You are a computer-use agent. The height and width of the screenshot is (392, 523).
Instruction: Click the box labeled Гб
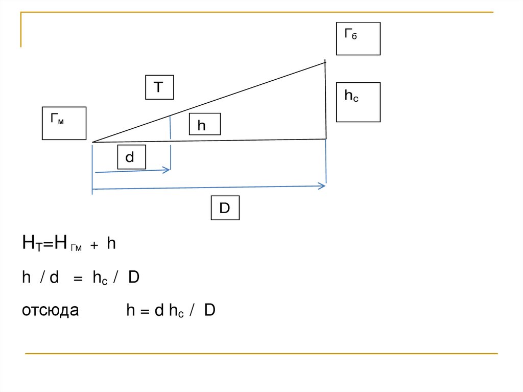[x=358, y=38]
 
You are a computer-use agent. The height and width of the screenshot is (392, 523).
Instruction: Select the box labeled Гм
[x=64, y=123]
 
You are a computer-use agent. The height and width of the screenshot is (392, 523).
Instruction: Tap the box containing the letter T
[x=159, y=87]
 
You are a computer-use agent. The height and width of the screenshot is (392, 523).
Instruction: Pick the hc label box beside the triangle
[x=358, y=102]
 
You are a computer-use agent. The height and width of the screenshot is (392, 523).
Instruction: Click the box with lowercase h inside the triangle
[x=204, y=125]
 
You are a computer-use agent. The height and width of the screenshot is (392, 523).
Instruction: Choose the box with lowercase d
[x=131, y=157]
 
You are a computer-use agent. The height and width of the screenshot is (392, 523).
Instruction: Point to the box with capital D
[x=225, y=209]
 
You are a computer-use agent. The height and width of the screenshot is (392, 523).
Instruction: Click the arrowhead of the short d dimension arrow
[x=168, y=170]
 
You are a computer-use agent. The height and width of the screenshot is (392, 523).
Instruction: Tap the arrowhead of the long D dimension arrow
[x=323, y=187]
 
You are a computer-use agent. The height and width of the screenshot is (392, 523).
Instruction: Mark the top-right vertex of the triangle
[x=325, y=62]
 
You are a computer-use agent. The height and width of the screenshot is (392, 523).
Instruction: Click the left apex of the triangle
[x=93, y=142]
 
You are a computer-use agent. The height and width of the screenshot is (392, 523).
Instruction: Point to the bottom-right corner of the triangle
[x=326, y=139]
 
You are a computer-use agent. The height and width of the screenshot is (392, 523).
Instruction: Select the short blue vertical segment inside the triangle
[x=170, y=128]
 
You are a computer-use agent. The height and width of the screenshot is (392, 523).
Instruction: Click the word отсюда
[x=50, y=310]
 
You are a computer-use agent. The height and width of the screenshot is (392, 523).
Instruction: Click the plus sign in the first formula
[x=94, y=246]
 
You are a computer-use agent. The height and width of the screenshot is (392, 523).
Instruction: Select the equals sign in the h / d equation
[x=77, y=279]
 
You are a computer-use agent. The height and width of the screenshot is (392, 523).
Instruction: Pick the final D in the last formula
[x=209, y=311]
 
